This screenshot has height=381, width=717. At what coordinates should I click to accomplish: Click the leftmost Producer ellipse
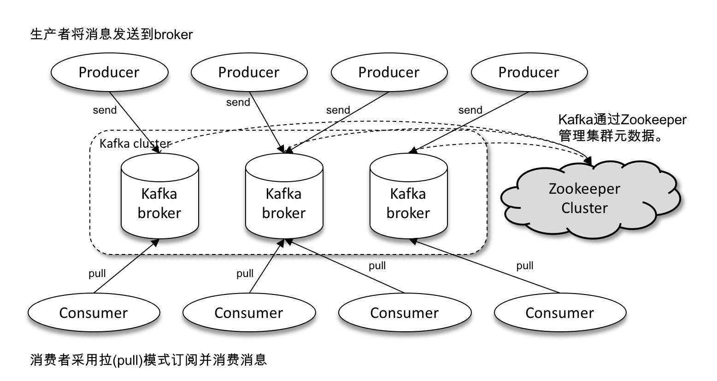(x=109, y=72)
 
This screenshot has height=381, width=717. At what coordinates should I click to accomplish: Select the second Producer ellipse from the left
(x=249, y=72)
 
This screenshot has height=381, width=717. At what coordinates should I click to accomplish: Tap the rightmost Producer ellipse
(x=529, y=72)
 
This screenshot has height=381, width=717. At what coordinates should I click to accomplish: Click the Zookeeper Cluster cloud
(x=584, y=198)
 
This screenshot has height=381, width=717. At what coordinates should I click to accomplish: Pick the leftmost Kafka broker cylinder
(x=159, y=202)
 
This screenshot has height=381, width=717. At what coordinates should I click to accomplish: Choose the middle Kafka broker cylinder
(x=284, y=202)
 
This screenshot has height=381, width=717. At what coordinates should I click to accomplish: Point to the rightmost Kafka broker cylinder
(x=408, y=202)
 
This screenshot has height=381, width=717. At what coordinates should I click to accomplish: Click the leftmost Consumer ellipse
(x=94, y=313)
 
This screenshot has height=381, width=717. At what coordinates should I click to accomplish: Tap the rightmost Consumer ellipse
(x=560, y=313)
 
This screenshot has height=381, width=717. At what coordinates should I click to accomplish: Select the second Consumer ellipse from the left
(x=249, y=313)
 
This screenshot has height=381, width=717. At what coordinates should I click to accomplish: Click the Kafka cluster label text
(x=135, y=144)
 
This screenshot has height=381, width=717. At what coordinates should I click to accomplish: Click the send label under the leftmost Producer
(x=105, y=110)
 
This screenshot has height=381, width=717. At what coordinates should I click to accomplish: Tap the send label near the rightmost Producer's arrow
(x=470, y=110)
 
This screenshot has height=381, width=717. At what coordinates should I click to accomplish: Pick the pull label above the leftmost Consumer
(x=97, y=274)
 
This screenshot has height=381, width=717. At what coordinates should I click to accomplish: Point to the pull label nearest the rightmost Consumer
(x=525, y=266)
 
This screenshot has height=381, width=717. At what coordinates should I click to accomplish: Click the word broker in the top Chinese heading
(x=173, y=35)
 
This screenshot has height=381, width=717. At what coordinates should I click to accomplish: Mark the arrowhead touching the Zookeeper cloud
(x=590, y=162)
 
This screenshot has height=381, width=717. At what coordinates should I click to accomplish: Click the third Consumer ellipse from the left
(x=405, y=313)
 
